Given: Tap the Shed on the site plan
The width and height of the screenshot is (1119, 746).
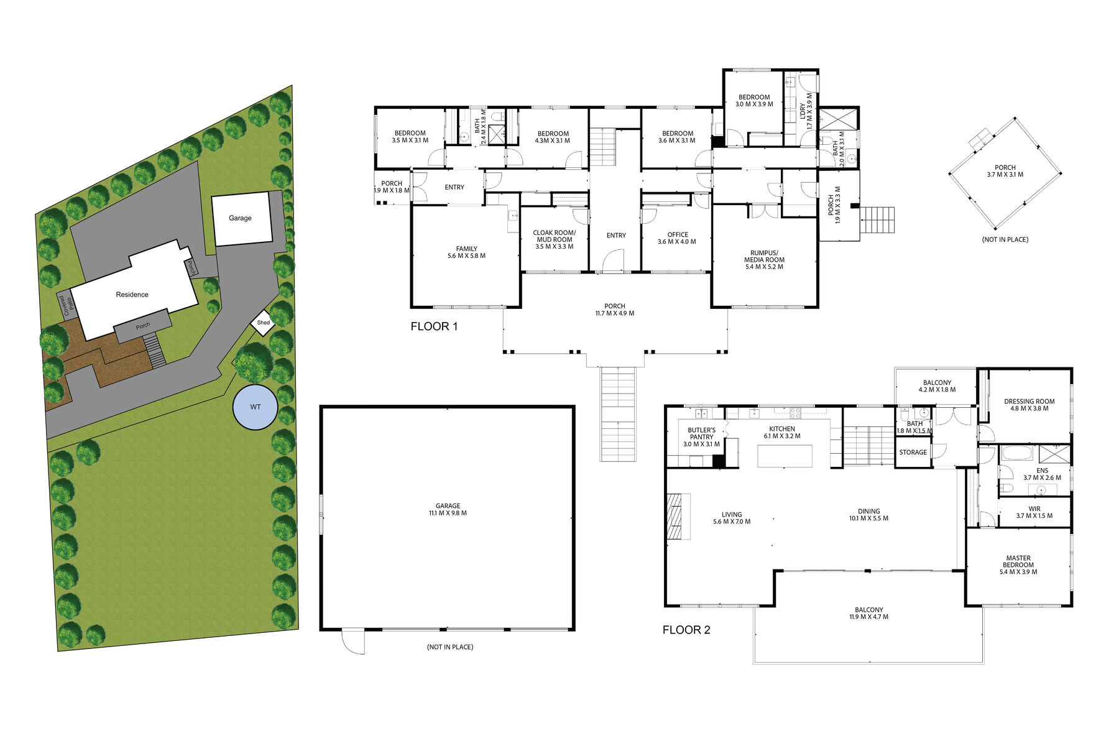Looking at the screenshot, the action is pos(264,323).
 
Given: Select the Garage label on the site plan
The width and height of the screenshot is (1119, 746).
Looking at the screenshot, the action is pos(240,218).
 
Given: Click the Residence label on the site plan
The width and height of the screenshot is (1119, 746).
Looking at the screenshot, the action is pos(132,295).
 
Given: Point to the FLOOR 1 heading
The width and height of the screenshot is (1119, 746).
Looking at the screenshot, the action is pos(434,326).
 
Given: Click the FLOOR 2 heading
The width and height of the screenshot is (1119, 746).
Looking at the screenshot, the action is pos(686,630).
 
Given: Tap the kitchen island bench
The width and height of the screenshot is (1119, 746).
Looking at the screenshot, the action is pos(785,456).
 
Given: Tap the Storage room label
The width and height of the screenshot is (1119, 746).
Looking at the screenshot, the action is pos(913,453).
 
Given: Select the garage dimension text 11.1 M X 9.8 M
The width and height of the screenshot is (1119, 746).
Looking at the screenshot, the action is pos(448,513).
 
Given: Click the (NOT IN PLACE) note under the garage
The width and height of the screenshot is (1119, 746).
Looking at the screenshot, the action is pos(450,647).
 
